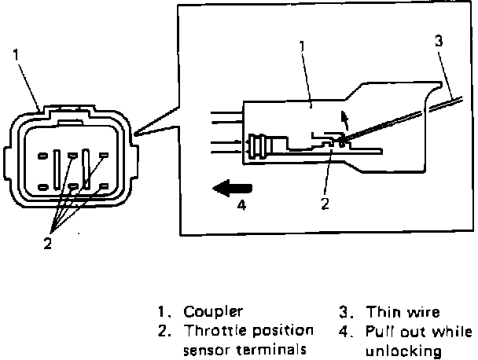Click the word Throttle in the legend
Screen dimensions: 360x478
click(207, 329)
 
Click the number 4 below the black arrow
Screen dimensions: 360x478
click(242, 207)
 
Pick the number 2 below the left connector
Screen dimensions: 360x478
click(47, 244)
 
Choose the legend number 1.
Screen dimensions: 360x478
click(163, 312)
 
